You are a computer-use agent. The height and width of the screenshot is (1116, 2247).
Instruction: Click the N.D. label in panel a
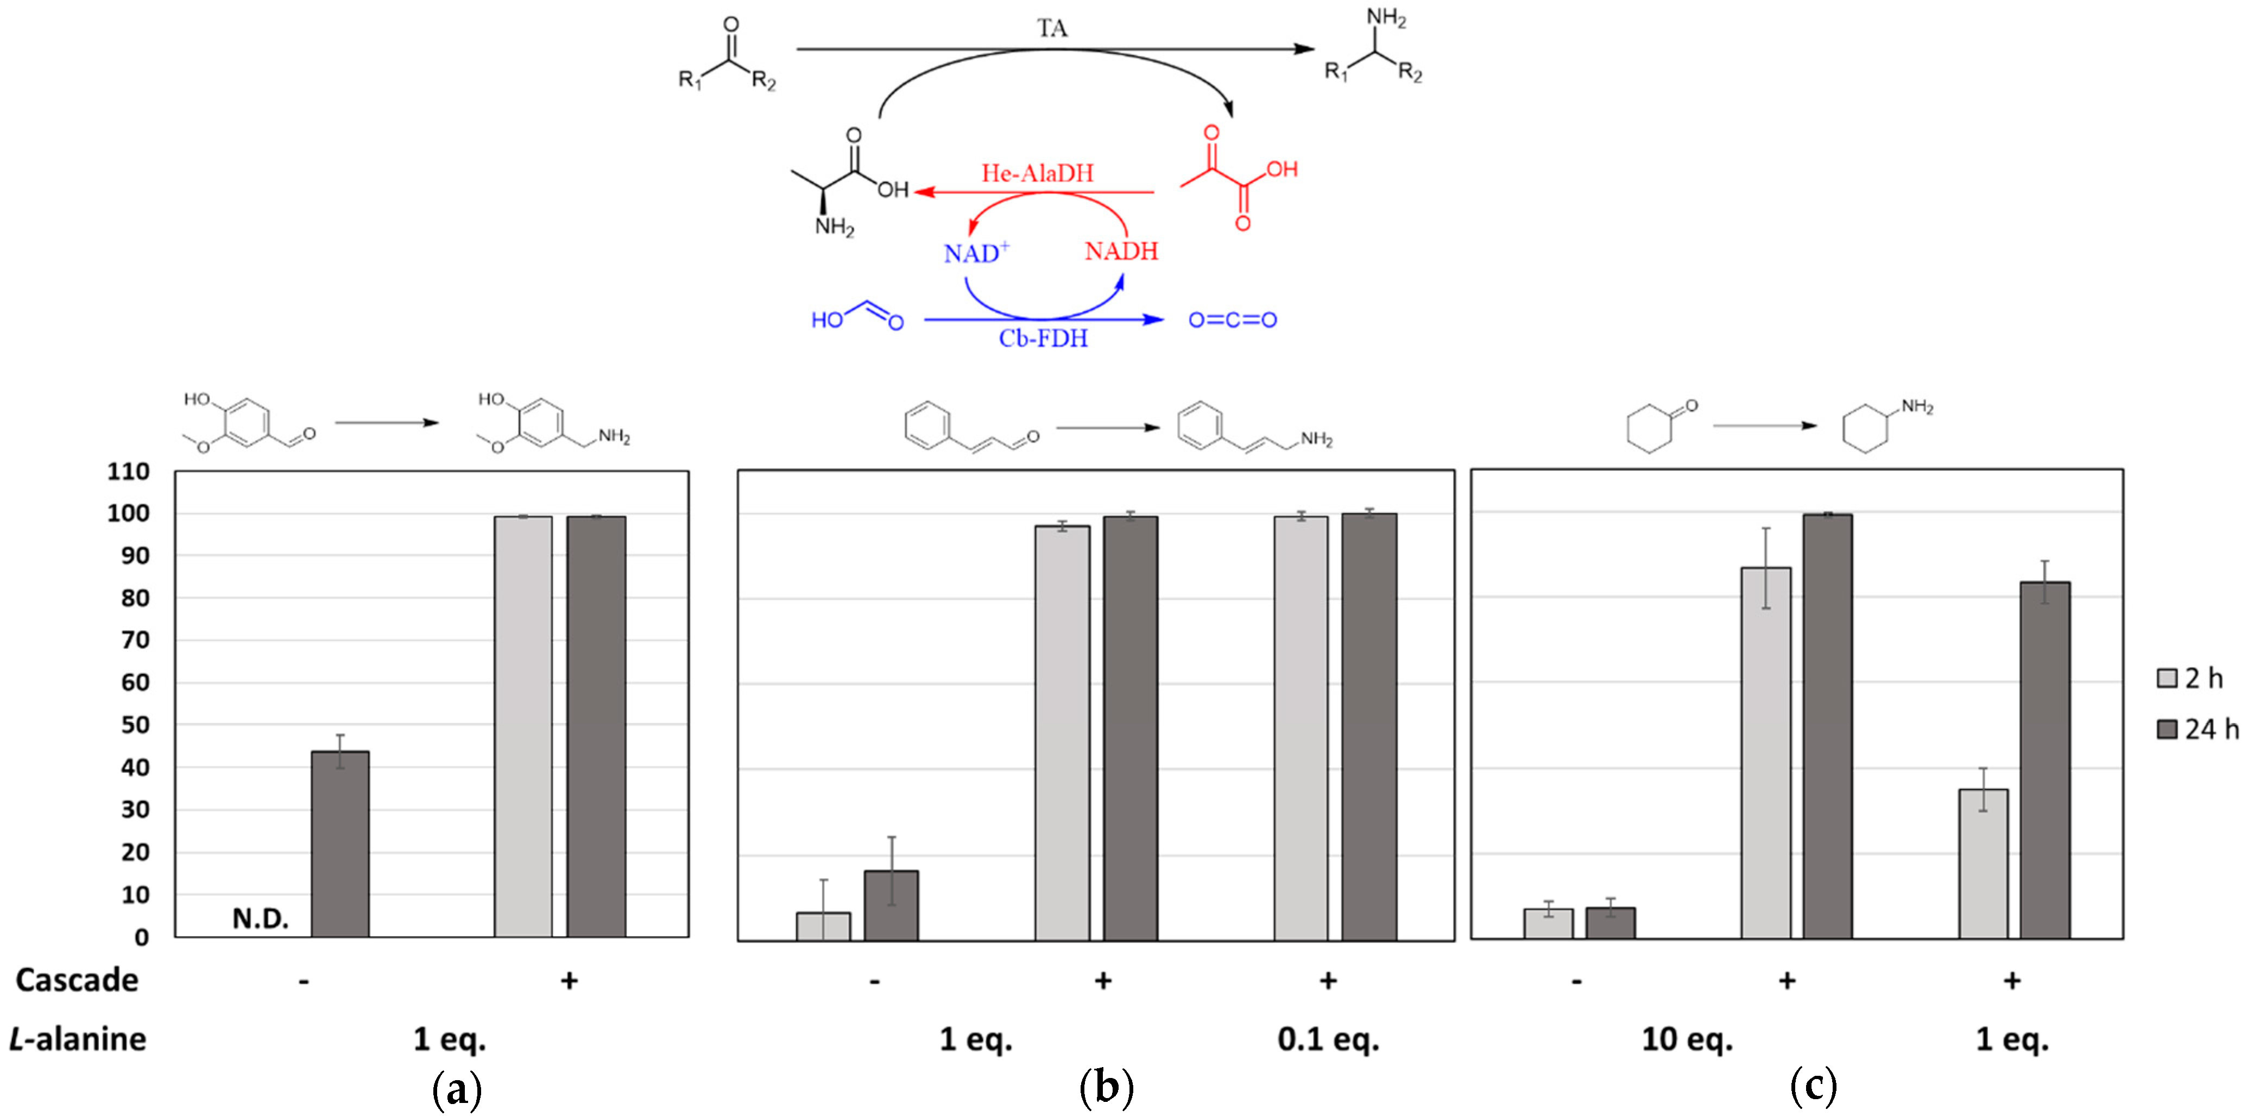(x=260, y=918)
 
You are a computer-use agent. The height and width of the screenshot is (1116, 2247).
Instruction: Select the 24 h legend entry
(x=2197, y=729)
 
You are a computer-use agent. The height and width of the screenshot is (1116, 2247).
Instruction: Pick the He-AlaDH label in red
(x=1037, y=173)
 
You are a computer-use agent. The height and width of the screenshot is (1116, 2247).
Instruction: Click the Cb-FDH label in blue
(x=1043, y=338)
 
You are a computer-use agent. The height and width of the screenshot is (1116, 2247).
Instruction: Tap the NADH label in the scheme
(x=1121, y=252)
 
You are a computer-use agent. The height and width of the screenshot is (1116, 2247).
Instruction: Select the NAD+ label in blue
(x=976, y=253)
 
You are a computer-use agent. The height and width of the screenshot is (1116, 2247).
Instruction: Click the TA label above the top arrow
(x=1052, y=29)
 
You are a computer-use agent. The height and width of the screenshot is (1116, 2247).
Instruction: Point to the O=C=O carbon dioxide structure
(x=1233, y=320)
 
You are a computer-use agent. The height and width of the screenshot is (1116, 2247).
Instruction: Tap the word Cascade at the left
(x=77, y=980)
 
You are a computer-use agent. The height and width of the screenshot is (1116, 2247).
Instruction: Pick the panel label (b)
(x=1106, y=1088)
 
